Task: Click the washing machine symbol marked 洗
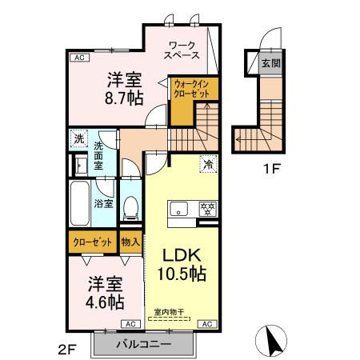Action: click(78, 139)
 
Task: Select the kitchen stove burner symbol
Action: click(207, 209)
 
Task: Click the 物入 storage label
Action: click(130, 241)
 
